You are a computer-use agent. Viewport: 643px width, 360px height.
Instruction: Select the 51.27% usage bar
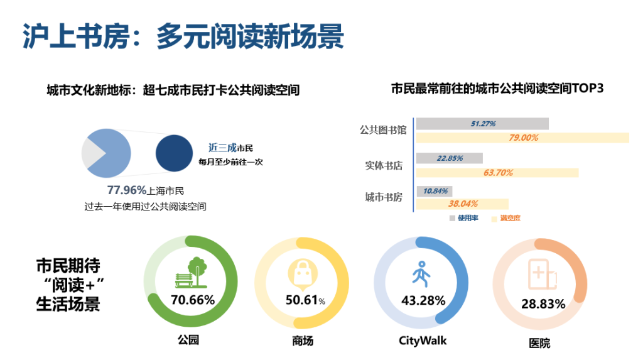[482, 124]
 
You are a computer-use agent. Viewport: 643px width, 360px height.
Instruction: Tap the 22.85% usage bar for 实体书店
[450, 158]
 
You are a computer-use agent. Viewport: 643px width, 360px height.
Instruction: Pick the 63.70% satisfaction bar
[497, 172]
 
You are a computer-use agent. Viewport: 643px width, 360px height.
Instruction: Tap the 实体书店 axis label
[384, 166]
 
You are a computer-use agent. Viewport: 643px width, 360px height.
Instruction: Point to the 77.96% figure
[126, 190]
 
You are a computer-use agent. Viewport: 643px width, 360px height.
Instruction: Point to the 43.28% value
[423, 300]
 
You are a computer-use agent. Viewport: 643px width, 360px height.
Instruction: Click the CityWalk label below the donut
[423, 341]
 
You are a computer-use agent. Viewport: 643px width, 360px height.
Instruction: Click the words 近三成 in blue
[222, 148]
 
